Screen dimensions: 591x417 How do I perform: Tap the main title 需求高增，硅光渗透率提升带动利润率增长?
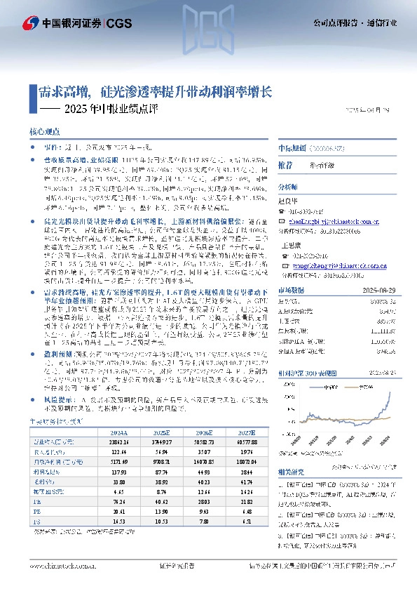(x=155, y=91)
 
